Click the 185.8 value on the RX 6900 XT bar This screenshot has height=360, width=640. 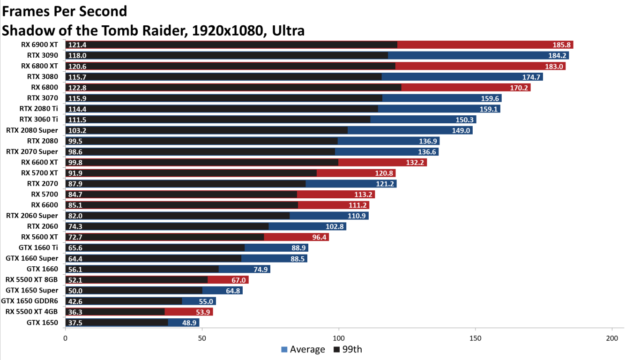tap(561, 45)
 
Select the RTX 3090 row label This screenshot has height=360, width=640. tap(42, 55)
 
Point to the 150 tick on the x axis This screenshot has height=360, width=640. tap(475, 338)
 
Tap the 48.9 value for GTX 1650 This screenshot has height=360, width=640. tap(190, 322)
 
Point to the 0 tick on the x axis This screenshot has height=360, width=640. tap(65, 338)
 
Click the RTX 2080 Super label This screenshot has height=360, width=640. tap(32, 130)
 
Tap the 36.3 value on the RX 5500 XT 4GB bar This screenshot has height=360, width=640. tap(75, 312)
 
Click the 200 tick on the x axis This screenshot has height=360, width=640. tap(612, 338)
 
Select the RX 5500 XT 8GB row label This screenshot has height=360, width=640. tap(31, 279)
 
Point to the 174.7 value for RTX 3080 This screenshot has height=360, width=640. tap(531, 77)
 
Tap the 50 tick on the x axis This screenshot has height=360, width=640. tap(202, 338)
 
